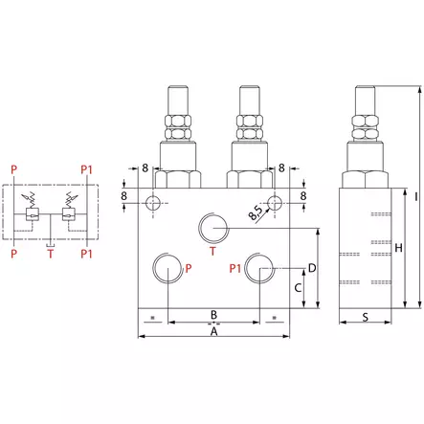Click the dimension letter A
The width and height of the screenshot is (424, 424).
tap(213, 332)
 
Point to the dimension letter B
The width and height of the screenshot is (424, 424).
tap(213, 314)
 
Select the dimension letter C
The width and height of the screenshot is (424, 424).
tap(298, 287)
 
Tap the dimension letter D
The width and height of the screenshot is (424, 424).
tap(312, 268)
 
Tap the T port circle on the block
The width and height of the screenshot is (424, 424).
tap(213, 230)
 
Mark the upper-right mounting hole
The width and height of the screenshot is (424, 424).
tap(274, 202)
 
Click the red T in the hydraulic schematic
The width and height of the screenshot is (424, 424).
tap(51, 255)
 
